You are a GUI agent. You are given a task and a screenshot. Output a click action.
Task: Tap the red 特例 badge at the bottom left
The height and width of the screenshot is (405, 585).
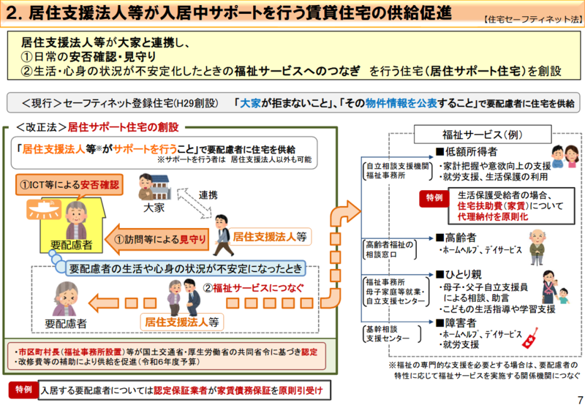pyautogui.click(x=22, y=389)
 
